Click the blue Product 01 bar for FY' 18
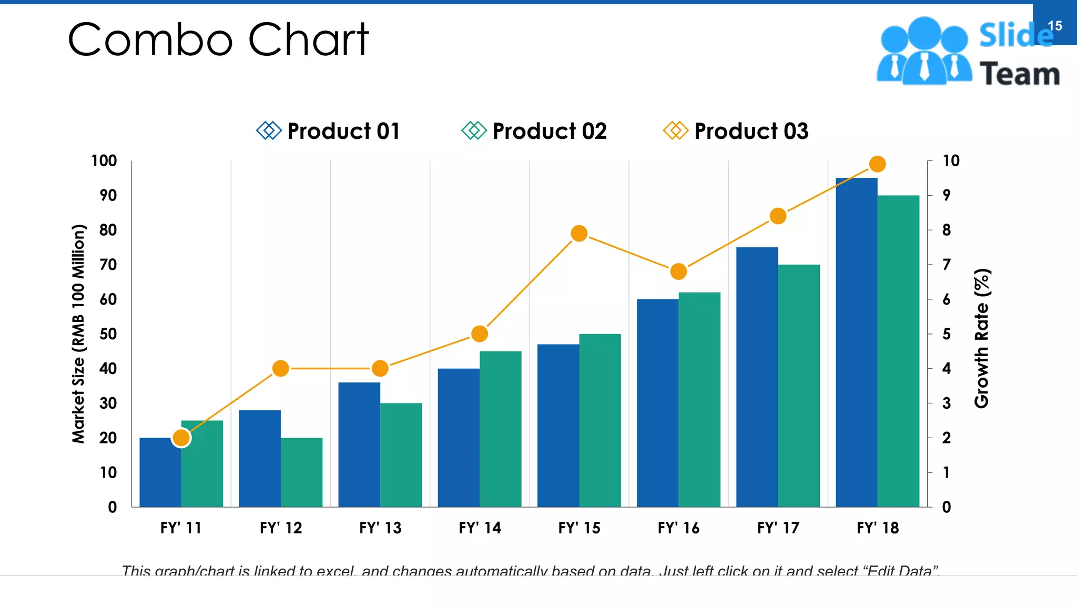coord(856,342)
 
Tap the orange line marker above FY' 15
coord(579,233)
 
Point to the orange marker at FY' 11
coord(181,438)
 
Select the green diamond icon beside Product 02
coord(473,130)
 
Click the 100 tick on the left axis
coord(104,161)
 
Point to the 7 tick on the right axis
coord(946,265)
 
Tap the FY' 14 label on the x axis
coord(480,528)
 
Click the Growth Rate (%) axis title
coord(982,338)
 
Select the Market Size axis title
coord(78,334)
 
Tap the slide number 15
coord(1054,26)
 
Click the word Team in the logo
coord(1019,74)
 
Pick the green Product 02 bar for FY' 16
coord(699,400)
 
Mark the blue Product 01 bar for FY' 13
coord(359,445)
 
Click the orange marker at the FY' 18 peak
coord(877,164)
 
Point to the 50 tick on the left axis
coord(108,334)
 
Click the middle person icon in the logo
coord(924,50)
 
